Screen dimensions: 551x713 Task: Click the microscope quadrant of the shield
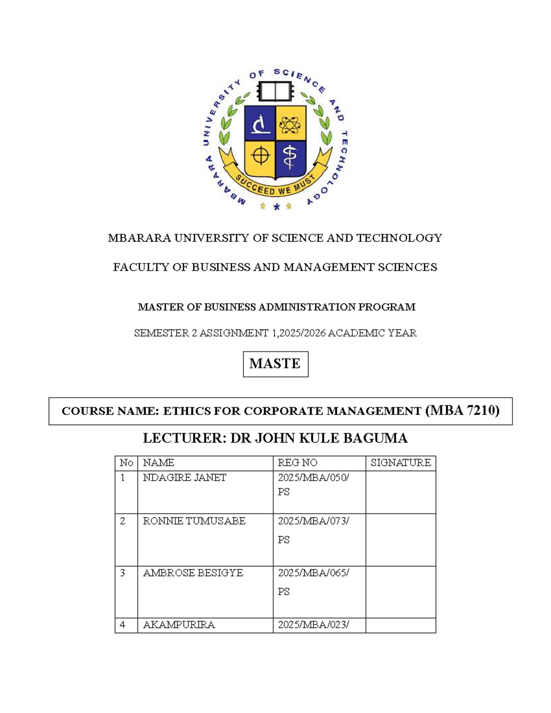tap(260, 123)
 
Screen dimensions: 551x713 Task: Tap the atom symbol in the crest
tap(290, 123)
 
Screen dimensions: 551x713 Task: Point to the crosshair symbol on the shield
tap(260, 156)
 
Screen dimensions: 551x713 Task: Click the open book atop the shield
tap(275, 91)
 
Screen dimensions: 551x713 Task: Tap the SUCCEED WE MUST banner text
tap(275, 186)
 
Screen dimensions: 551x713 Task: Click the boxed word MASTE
tap(275, 364)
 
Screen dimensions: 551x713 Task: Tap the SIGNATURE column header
tap(400, 463)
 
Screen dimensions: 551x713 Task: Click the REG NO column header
tap(298, 463)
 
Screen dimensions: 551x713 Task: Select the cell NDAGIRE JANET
tap(185, 478)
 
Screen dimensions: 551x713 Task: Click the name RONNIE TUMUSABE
tap(194, 521)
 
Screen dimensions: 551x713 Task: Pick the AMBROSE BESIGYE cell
tap(193, 573)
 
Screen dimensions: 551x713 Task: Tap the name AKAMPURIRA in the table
tap(179, 625)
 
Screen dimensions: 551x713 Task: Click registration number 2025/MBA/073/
tap(314, 521)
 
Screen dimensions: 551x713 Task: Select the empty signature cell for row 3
tap(400, 591)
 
